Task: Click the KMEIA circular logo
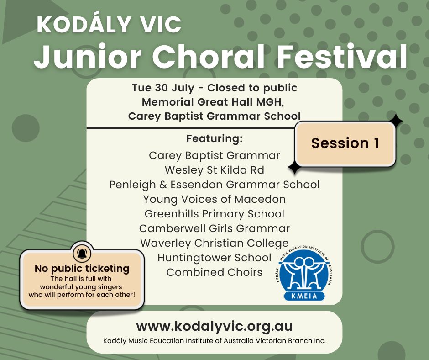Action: pyautogui.click(x=303, y=273)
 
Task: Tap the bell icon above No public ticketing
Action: pyautogui.click(x=82, y=254)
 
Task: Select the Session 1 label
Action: pyautogui.click(x=345, y=143)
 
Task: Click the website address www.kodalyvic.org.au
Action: pyautogui.click(x=214, y=326)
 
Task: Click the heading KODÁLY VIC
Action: pyautogui.click(x=109, y=24)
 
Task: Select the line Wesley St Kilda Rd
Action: pyautogui.click(x=214, y=170)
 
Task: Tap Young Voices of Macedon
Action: pyautogui.click(x=214, y=199)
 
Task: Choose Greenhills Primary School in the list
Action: pyautogui.click(x=214, y=214)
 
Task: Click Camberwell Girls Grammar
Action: pyautogui.click(x=214, y=228)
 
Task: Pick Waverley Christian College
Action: pyautogui.click(x=214, y=244)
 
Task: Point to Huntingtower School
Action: pyautogui.click(x=214, y=258)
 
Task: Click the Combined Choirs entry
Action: pyautogui.click(x=214, y=272)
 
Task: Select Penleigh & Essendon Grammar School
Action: pyautogui.click(x=214, y=185)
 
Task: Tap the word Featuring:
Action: pyautogui.click(x=214, y=138)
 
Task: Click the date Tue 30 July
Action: pyautogui.click(x=163, y=88)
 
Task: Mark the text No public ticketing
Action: pyautogui.click(x=82, y=269)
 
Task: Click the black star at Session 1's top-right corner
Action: pyautogui.click(x=395, y=122)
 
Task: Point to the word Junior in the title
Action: pyautogui.click(x=88, y=57)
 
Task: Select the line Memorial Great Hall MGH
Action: pyautogui.click(x=213, y=102)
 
